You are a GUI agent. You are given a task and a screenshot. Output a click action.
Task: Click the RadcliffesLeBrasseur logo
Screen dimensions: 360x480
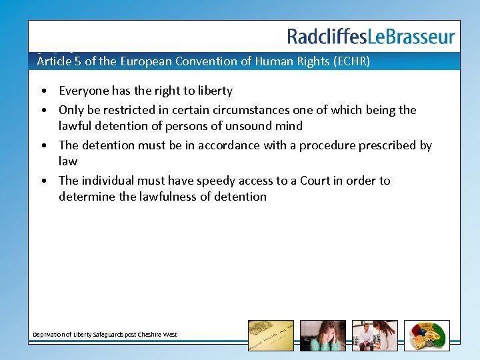(x=371, y=37)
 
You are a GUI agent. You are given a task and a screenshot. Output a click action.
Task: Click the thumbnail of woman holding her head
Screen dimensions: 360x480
(x=323, y=335)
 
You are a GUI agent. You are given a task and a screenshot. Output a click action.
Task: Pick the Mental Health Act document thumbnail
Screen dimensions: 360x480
(x=271, y=335)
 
